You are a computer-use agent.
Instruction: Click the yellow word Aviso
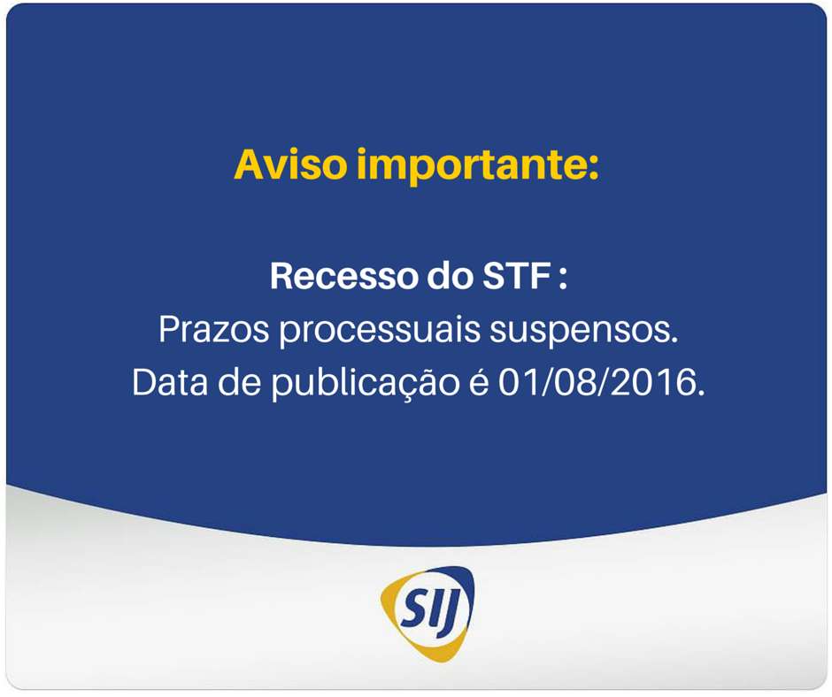click(x=291, y=165)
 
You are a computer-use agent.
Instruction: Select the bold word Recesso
click(x=343, y=276)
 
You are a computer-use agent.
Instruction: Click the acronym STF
click(x=515, y=276)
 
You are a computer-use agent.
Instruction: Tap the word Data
click(x=170, y=382)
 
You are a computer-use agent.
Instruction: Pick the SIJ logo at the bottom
click(x=428, y=613)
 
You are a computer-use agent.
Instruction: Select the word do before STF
click(x=450, y=276)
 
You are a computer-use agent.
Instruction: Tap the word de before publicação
click(x=239, y=382)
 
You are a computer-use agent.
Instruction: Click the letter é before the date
click(x=479, y=382)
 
